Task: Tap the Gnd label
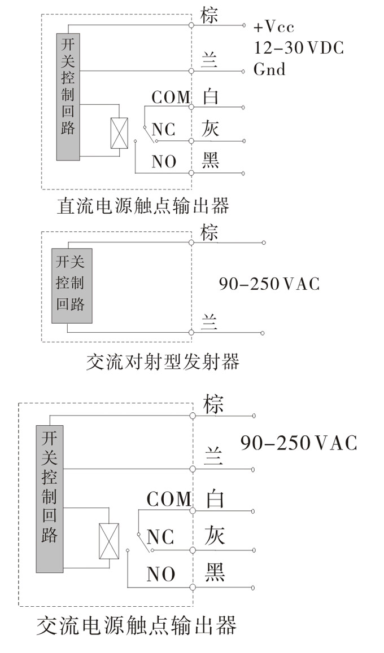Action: (269, 69)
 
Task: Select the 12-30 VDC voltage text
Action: (298, 48)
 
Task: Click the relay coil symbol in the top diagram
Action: (119, 134)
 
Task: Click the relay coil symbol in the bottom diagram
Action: (108, 541)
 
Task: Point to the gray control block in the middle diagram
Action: (72, 285)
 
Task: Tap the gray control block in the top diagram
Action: (68, 96)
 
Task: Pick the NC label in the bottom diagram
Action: (160, 536)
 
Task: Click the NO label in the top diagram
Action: (164, 162)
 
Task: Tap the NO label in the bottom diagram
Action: (161, 575)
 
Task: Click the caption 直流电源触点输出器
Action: (143, 206)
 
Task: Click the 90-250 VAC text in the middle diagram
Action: (269, 283)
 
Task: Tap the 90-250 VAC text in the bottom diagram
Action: (298, 443)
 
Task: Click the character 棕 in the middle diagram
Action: (210, 232)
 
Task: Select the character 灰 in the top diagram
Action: (210, 129)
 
